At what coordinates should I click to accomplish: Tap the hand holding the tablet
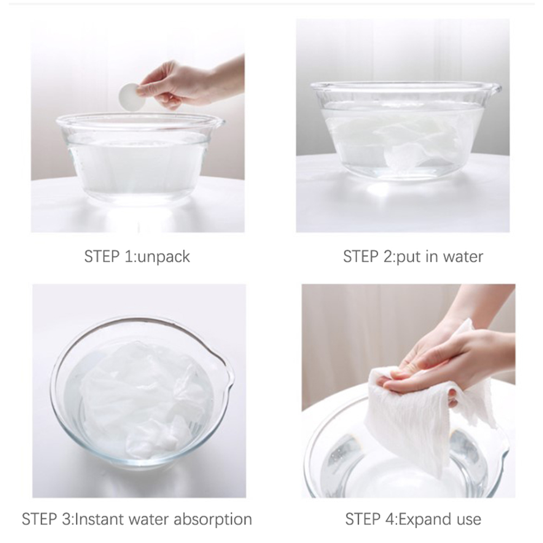(x=187, y=83)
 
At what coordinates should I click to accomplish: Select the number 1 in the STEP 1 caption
(x=127, y=257)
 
